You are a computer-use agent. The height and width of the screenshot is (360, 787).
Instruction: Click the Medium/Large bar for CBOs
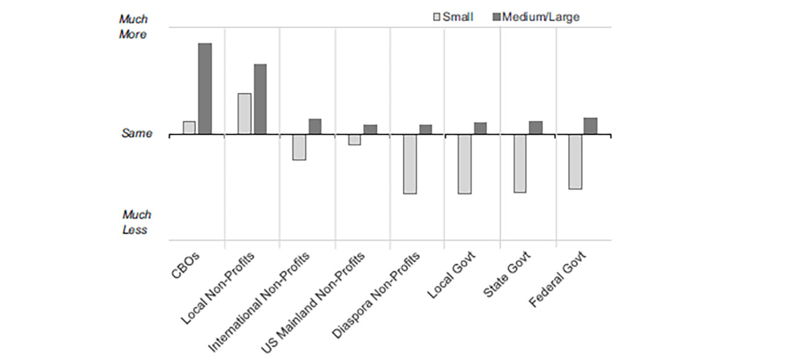point(204,89)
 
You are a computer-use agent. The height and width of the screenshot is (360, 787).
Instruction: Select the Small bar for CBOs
point(189,128)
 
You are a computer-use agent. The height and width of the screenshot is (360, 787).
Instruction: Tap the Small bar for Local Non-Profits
point(244,113)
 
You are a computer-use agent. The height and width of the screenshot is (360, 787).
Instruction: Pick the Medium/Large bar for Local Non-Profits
point(260,99)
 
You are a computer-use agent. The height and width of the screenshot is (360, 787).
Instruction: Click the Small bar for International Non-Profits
point(299,147)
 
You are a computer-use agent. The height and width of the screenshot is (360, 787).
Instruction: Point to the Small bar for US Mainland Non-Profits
point(354,139)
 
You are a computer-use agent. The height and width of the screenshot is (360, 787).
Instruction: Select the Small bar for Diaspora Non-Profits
point(410,164)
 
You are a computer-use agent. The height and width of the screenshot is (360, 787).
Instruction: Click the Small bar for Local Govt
point(464,164)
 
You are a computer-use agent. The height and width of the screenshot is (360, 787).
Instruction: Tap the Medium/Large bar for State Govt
point(535,128)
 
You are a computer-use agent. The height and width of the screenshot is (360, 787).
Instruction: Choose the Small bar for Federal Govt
point(575,161)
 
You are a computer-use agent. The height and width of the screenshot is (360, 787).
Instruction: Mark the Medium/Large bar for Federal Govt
point(591,126)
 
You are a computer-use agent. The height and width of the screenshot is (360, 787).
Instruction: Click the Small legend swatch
point(437,17)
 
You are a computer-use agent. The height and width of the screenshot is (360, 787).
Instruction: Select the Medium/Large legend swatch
point(496,17)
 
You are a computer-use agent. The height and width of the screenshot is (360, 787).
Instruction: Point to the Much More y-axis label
point(133,27)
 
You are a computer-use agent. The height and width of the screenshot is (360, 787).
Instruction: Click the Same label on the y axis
point(136,133)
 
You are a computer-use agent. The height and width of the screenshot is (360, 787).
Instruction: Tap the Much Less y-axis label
point(136,222)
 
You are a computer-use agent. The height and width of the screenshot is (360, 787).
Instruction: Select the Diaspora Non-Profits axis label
point(377,294)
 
